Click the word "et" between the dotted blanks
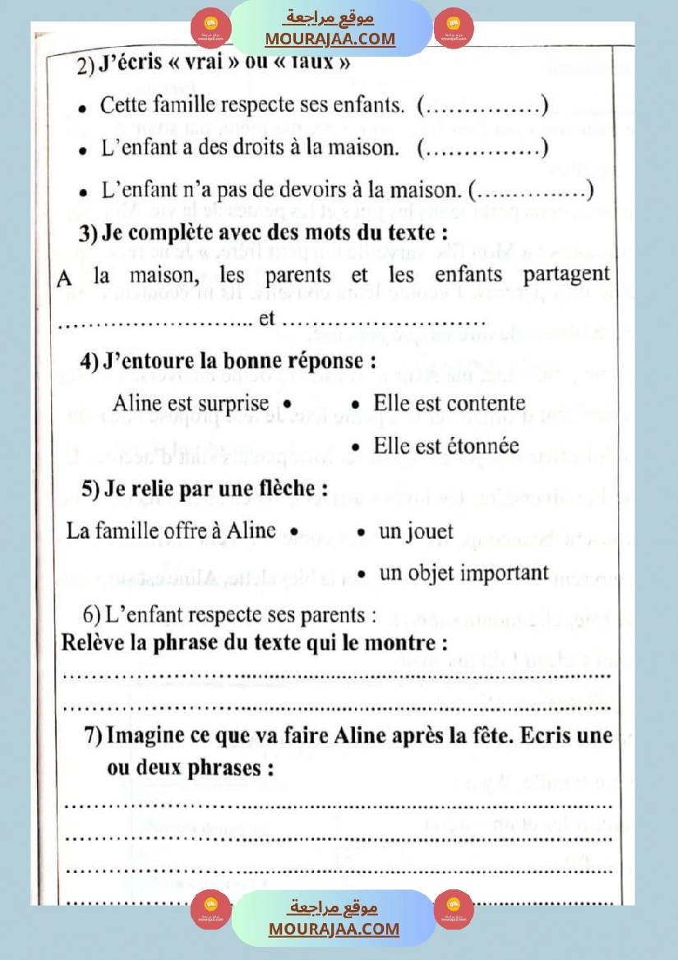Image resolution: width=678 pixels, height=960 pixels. tap(266, 319)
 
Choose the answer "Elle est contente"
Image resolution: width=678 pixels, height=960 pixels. tap(449, 403)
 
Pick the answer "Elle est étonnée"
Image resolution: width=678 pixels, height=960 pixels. tap(445, 446)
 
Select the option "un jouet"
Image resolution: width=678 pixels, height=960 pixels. tap(416, 531)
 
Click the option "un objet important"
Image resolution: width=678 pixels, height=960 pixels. tap(464, 572)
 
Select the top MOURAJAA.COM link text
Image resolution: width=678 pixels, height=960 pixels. tap(330, 39)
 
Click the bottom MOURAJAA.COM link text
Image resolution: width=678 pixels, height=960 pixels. tap(334, 929)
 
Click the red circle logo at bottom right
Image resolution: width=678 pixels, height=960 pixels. tap(449, 909)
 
